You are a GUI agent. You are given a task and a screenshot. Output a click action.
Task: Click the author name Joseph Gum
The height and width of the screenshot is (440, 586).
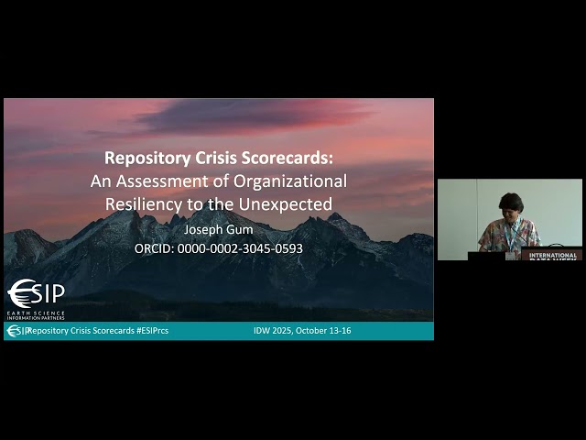pos(218,230)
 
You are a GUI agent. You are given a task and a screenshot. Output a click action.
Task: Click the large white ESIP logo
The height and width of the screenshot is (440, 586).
pos(37,293)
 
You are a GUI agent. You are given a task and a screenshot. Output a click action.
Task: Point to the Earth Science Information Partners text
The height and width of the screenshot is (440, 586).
pos(37,316)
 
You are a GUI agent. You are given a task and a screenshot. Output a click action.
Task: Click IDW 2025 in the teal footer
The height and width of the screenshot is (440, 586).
pos(274,330)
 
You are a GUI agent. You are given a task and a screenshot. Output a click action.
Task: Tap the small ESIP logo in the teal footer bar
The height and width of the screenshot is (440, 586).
pos(18,331)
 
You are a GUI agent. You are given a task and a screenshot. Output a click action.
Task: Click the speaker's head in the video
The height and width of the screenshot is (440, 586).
pos(510,204)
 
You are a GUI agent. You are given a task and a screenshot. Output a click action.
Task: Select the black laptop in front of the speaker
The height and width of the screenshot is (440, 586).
pos(485,256)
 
